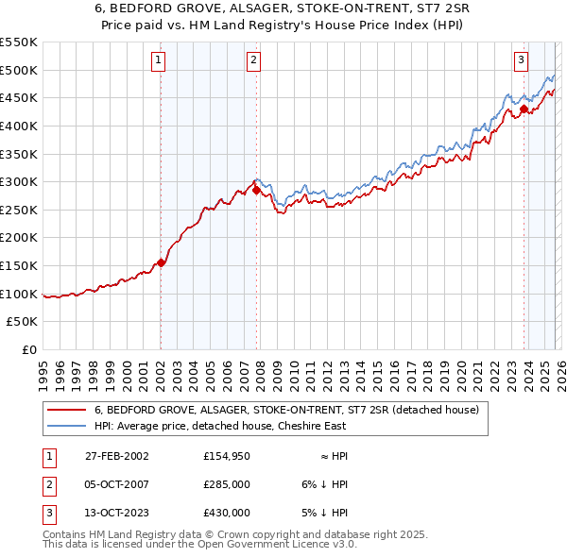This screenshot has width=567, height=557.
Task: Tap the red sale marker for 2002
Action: point(161,262)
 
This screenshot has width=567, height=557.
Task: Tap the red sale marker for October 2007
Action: point(256,190)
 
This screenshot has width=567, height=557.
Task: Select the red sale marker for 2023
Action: point(524,109)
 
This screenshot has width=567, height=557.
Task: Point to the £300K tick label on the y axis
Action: point(19,181)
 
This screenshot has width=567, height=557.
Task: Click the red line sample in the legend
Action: point(66,410)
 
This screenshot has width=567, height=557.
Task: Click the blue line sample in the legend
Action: point(66,426)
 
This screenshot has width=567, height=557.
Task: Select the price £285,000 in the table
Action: point(226,484)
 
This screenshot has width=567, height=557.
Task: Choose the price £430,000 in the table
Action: point(226,513)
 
